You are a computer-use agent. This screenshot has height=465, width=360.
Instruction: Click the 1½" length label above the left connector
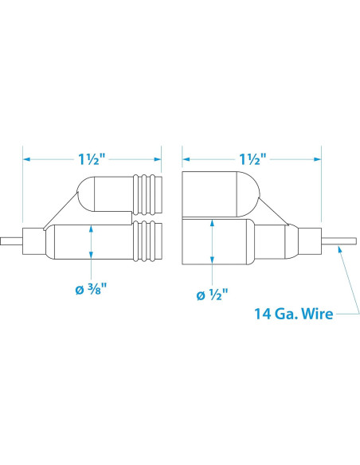92,159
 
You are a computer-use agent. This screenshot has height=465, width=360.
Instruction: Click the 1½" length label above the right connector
253,159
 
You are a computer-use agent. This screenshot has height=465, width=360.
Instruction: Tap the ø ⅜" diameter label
91,289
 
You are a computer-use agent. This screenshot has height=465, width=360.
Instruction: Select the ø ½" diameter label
213,295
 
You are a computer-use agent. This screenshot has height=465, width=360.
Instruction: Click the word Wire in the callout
316,314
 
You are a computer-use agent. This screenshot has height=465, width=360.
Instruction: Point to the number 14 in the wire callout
263,314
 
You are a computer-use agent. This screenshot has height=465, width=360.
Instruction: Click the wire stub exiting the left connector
11,241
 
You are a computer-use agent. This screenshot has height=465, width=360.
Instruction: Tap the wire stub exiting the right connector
339,241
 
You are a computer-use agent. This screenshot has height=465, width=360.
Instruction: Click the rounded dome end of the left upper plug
86,193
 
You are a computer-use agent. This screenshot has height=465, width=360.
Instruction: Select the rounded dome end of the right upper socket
248,194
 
